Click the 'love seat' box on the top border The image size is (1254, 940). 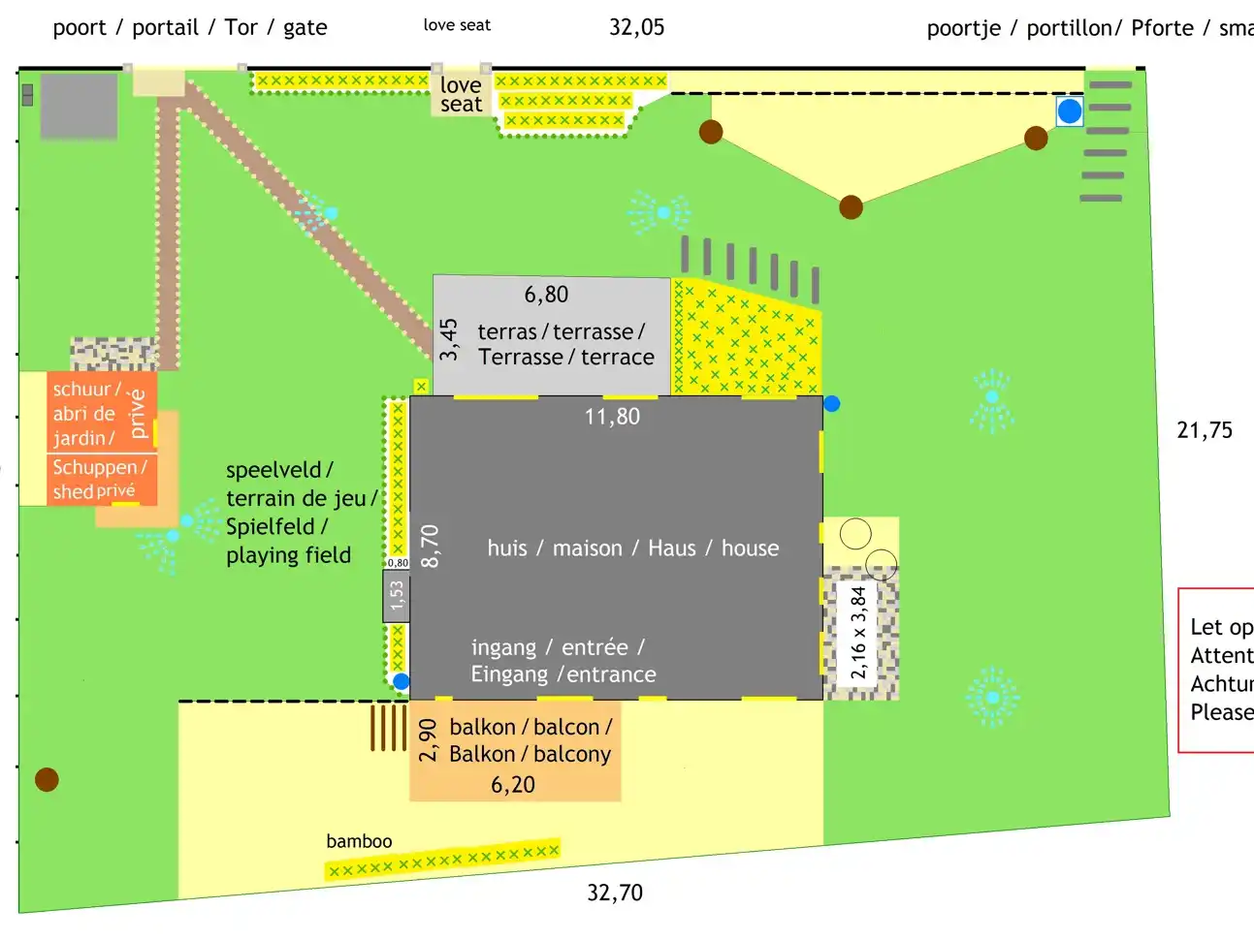461,95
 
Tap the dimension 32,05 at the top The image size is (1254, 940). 636,27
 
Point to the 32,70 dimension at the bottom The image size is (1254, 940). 615,893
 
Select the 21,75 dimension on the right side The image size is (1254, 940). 1205,430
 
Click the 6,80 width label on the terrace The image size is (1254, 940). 546,295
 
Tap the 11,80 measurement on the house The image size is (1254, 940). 612,417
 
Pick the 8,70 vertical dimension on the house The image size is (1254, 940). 430,546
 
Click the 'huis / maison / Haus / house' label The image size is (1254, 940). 632,548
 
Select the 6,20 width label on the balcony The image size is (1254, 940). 513,785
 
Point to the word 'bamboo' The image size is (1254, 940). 359,841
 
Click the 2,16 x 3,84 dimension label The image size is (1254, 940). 858,632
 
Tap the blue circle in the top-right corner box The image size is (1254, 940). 1070,111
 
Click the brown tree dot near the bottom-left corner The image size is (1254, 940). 47,779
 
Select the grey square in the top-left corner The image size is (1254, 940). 79,107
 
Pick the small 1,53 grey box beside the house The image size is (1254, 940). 396,596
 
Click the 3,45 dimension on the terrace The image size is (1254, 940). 448,339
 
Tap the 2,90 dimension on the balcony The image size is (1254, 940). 428,739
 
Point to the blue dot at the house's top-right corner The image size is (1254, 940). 831,403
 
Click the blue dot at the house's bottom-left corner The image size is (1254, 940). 401,681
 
